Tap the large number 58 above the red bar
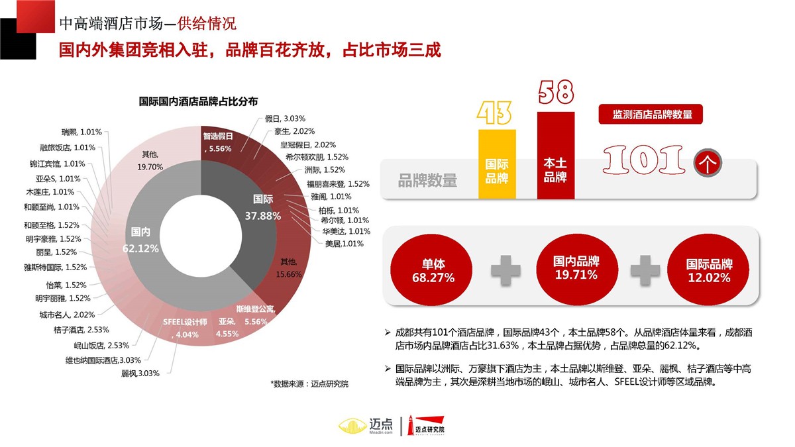click(x=555, y=93)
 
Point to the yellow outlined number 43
click(x=496, y=113)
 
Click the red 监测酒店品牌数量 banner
click(x=650, y=114)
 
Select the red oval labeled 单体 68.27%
click(x=433, y=271)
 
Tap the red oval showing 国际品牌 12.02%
click(x=709, y=271)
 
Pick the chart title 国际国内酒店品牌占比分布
click(x=198, y=101)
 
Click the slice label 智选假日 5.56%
click(x=218, y=142)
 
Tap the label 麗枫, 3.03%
click(x=140, y=373)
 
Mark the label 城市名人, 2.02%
click(x=66, y=314)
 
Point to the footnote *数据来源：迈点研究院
click(x=309, y=383)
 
